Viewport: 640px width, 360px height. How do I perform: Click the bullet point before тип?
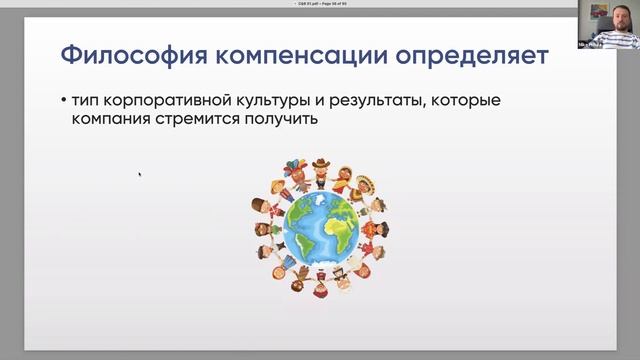click(63, 103)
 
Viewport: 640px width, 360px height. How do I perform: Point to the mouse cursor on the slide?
click(139, 174)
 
